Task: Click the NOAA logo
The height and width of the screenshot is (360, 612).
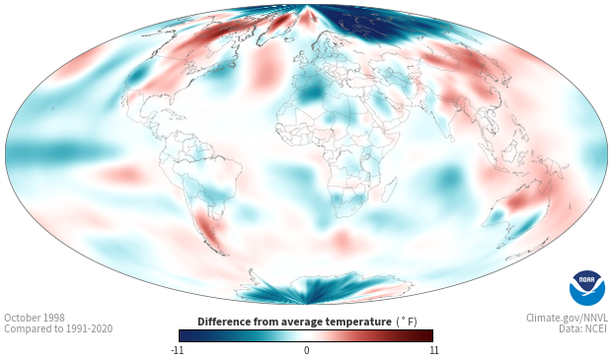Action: [x=587, y=288]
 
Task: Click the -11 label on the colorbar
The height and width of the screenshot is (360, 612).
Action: [x=177, y=350]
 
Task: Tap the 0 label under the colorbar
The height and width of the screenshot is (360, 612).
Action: [x=306, y=350]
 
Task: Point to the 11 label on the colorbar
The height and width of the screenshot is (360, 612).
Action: [x=434, y=350]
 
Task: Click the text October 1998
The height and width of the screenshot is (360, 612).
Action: [x=35, y=318]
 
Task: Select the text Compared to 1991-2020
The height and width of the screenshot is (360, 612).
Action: [x=58, y=328]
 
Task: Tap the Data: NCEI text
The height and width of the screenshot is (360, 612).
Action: [x=583, y=328]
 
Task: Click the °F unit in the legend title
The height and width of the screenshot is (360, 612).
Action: [x=407, y=322]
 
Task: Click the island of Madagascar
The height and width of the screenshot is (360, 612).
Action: [x=389, y=188]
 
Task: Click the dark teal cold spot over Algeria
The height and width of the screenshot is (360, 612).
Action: [x=312, y=94]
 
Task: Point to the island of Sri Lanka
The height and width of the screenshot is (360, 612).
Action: [x=451, y=138]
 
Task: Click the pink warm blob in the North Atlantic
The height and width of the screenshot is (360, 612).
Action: [x=267, y=67]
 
